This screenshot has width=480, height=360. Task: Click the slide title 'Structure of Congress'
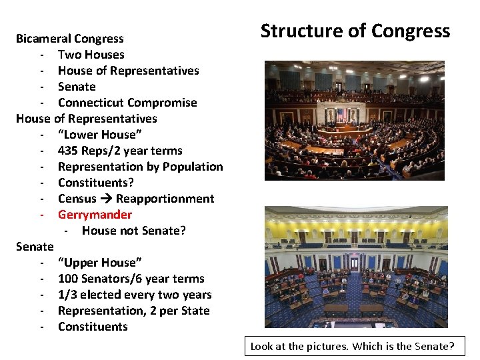[355, 31]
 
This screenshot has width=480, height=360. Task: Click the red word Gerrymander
[95, 215]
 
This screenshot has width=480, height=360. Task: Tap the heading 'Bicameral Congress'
[70, 39]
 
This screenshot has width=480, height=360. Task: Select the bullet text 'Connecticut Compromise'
[127, 103]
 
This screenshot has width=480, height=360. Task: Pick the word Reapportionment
[165, 199]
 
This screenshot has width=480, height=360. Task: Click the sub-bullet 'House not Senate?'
[133, 231]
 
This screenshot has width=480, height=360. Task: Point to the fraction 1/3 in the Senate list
[68, 295]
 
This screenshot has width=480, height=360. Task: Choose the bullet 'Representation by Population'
[140, 167]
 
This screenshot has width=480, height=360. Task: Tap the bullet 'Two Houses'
[91, 55]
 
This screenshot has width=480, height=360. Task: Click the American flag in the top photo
[341, 114]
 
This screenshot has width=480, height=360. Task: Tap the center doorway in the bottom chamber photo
[354, 261]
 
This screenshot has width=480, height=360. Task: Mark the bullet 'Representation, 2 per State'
[133, 311]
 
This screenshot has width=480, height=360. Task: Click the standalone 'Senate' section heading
[35, 247]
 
